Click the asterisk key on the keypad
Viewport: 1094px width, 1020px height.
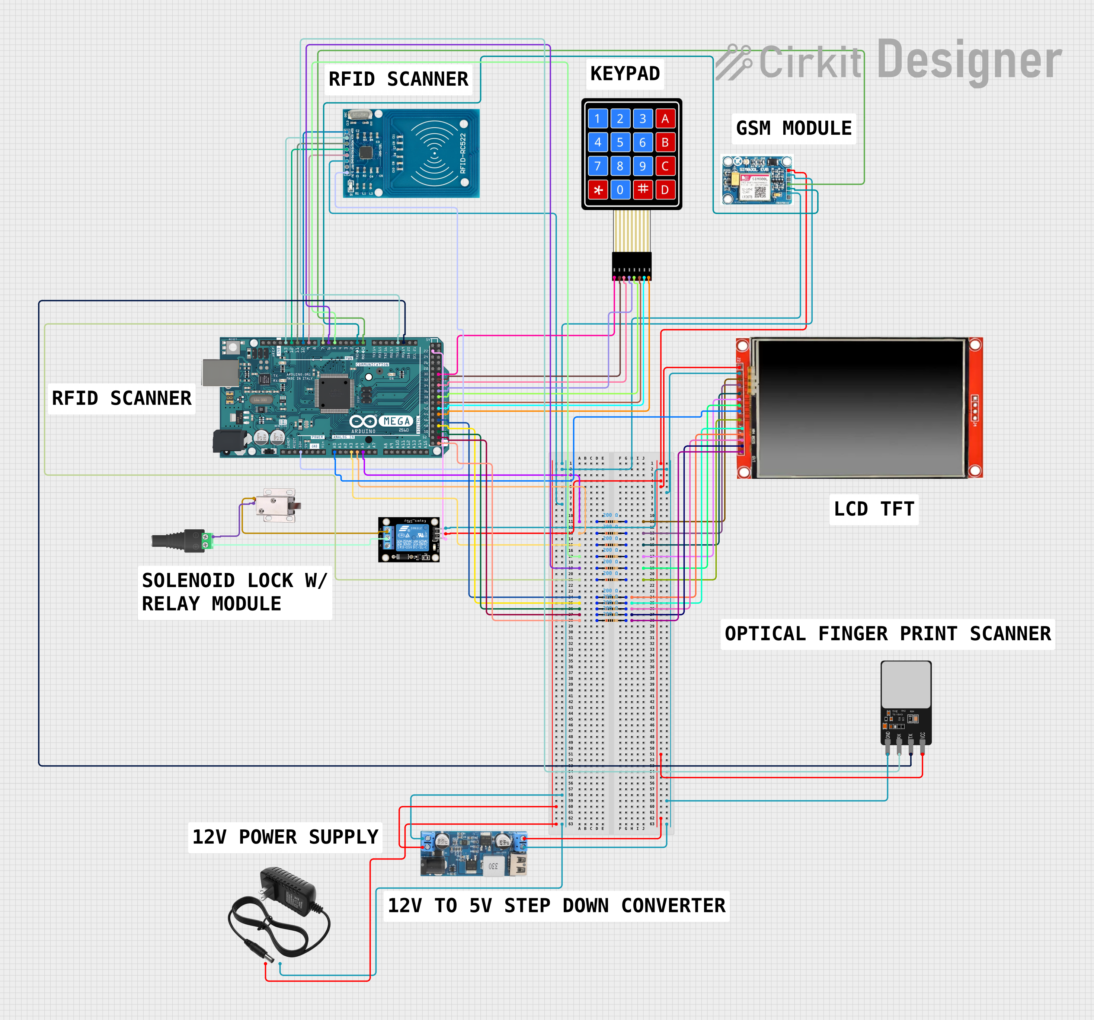point(598,190)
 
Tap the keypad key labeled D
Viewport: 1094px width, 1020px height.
point(665,190)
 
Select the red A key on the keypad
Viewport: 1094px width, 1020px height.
point(665,119)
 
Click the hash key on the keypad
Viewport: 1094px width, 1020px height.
point(642,190)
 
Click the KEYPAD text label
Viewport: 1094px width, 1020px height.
point(625,74)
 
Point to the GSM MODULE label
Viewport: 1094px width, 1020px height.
point(794,129)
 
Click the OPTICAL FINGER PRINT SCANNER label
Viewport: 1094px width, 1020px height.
point(887,634)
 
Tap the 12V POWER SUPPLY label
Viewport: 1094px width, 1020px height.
point(285,837)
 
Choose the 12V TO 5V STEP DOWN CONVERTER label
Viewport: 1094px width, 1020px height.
point(556,905)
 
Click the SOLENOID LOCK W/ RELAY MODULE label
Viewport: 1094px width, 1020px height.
point(234,592)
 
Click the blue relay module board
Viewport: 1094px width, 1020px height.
point(409,539)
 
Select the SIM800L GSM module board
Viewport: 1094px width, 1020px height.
point(756,181)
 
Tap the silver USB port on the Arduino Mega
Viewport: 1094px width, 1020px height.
point(220,372)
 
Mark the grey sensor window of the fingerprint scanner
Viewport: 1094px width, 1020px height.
point(906,684)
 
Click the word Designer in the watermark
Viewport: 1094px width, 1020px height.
point(969,61)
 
